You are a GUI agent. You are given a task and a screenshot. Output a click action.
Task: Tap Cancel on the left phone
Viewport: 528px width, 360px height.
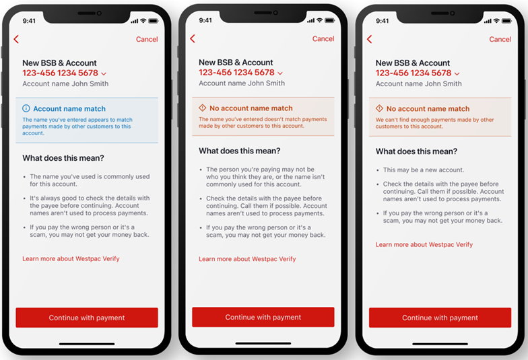[x=147, y=39]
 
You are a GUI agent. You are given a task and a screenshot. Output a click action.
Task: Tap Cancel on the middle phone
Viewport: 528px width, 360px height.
[x=323, y=39]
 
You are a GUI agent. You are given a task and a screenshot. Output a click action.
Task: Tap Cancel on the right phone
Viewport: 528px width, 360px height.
[x=500, y=39]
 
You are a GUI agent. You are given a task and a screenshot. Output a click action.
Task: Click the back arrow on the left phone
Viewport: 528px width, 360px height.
[x=16, y=39]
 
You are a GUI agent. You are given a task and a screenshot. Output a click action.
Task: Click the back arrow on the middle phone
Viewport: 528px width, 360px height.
[x=193, y=39]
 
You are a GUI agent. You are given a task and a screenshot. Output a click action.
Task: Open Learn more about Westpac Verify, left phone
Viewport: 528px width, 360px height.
[x=71, y=258]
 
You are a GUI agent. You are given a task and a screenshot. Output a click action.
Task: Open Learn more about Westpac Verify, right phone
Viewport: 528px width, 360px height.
[x=424, y=245]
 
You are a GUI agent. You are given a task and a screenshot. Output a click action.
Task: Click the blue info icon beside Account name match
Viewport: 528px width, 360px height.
[x=26, y=108]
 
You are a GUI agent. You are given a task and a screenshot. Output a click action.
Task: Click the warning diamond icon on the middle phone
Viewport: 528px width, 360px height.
[x=203, y=108]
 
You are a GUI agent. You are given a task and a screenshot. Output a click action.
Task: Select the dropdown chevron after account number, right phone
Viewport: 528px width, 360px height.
[x=457, y=73]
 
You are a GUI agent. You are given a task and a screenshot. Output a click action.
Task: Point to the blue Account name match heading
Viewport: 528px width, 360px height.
[x=69, y=108]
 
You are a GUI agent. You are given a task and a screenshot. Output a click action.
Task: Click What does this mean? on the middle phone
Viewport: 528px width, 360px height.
[x=240, y=151]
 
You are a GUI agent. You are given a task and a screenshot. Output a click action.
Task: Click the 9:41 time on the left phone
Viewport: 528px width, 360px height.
[x=29, y=21]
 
